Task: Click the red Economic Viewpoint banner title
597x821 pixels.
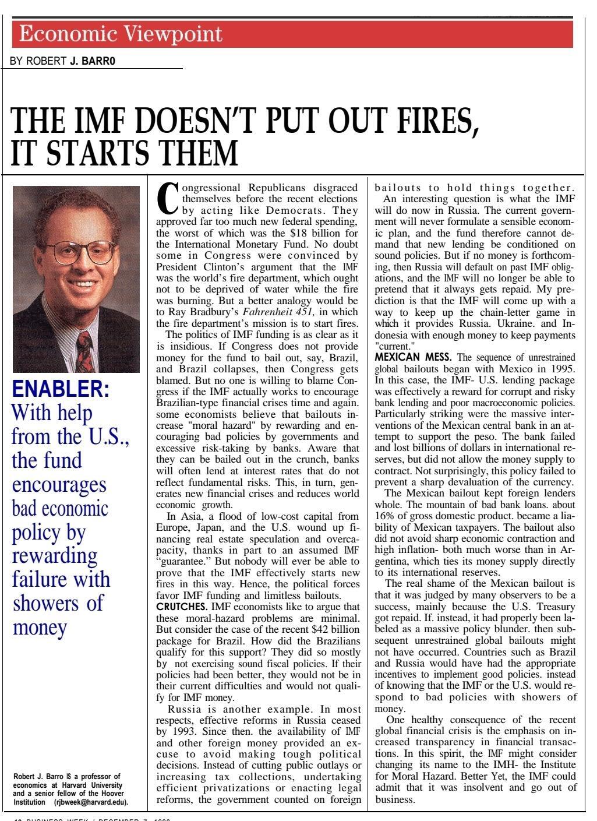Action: (121, 34)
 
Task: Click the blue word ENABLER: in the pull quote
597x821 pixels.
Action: (60, 389)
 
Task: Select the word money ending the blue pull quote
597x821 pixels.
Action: (40, 627)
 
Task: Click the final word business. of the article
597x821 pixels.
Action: (395, 799)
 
